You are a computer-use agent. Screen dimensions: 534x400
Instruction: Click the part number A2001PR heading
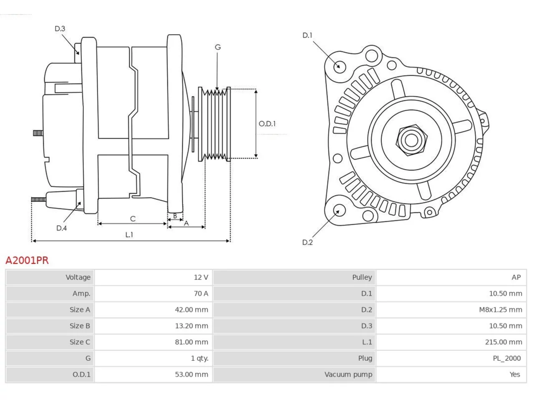pyautogui.click(x=27, y=260)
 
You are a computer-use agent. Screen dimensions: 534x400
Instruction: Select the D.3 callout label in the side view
pyautogui.click(x=60, y=29)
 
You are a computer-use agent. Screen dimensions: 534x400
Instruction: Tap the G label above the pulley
pyautogui.click(x=218, y=47)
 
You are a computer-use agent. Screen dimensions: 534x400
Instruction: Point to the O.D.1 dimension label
pyautogui.click(x=267, y=124)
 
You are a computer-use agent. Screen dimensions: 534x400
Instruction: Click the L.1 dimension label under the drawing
pyautogui.click(x=129, y=235)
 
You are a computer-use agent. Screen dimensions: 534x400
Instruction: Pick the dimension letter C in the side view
pyautogui.click(x=133, y=219)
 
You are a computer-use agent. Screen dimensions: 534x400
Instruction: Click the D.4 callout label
pyautogui.click(x=62, y=228)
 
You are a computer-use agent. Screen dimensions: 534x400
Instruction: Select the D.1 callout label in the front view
pyautogui.click(x=307, y=35)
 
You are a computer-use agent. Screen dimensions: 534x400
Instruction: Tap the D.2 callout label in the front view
pyautogui.click(x=307, y=242)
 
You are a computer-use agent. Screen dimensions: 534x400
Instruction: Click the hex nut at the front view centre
pyautogui.click(x=411, y=140)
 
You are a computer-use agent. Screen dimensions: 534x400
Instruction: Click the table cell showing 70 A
pyautogui.click(x=201, y=294)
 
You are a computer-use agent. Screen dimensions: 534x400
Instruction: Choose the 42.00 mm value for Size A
pyautogui.click(x=191, y=310)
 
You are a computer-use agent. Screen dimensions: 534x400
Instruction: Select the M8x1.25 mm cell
pyautogui.click(x=501, y=310)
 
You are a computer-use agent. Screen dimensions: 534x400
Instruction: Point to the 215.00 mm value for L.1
pyautogui.click(x=504, y=342)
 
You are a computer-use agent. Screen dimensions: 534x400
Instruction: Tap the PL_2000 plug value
pyautogui.click(x=507, y=358)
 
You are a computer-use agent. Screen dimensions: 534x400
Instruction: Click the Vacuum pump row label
pyautogui.click(x=348, y=375)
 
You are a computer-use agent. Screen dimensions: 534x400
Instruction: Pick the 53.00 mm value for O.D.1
pyautogui.click(x=191, y=375)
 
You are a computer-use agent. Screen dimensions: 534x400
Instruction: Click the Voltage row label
pyautogui.click(x=78, y=277)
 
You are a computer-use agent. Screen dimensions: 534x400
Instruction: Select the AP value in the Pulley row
pyautogui.click(x=516, y=277)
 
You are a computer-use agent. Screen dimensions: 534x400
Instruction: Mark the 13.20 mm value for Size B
pyautogui.click(x=191, y=326)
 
